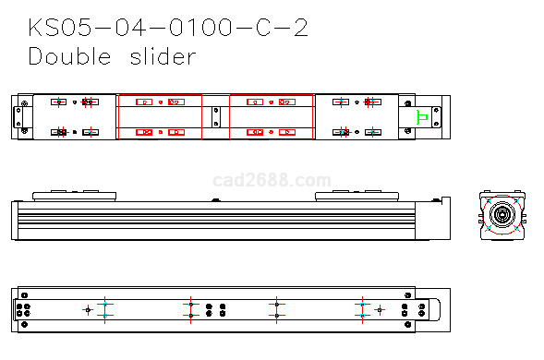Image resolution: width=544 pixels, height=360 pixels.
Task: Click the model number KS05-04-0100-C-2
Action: click(168, 28)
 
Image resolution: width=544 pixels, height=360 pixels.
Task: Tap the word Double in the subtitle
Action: click(69, 55)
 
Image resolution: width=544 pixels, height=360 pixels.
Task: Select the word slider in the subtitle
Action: click(163, 55)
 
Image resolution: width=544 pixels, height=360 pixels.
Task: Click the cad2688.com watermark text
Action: click(272, 180)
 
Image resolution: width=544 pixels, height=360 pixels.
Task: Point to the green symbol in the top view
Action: click(422, 117)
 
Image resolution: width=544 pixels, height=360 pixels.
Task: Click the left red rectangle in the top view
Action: click(118, 117)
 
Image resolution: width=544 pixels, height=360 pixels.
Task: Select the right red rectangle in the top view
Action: click(230, 117)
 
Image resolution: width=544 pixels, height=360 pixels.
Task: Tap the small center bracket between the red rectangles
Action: click(216, 117)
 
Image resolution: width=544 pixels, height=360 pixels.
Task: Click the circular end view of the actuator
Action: click(502, 215)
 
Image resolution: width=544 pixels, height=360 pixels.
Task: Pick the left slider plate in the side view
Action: click(74, 196)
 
